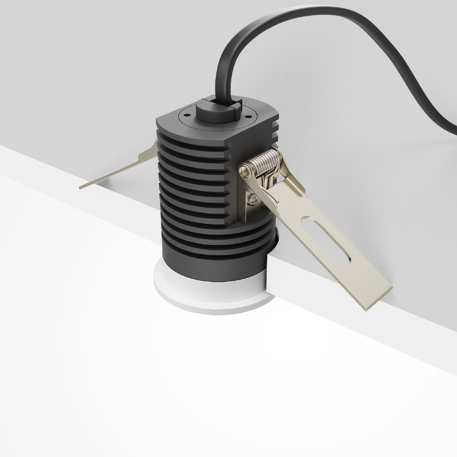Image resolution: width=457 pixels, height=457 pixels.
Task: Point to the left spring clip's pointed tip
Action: (82, 187)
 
